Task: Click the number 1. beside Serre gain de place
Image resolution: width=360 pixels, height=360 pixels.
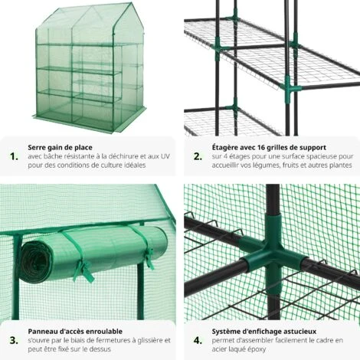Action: point(14,156)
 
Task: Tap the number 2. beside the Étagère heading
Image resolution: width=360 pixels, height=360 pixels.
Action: point(198,156)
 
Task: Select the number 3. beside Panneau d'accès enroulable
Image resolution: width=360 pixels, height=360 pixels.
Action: point(14,340)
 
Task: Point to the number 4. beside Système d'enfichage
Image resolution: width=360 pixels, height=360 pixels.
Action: point(198,340)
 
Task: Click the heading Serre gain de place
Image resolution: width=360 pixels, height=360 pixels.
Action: point(60,148)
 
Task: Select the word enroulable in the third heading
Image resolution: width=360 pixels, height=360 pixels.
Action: point(104,332)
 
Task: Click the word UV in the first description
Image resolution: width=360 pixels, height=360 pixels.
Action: point(165,156)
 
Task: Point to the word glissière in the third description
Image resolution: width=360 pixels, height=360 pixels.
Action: point(150,340)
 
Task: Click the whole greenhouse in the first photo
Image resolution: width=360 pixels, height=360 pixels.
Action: point(90,67)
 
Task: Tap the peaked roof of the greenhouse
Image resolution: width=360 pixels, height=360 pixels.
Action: point(90,23)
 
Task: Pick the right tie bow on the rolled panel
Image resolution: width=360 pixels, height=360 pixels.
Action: point(149,258)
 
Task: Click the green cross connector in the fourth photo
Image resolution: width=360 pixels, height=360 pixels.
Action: point(273,255)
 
